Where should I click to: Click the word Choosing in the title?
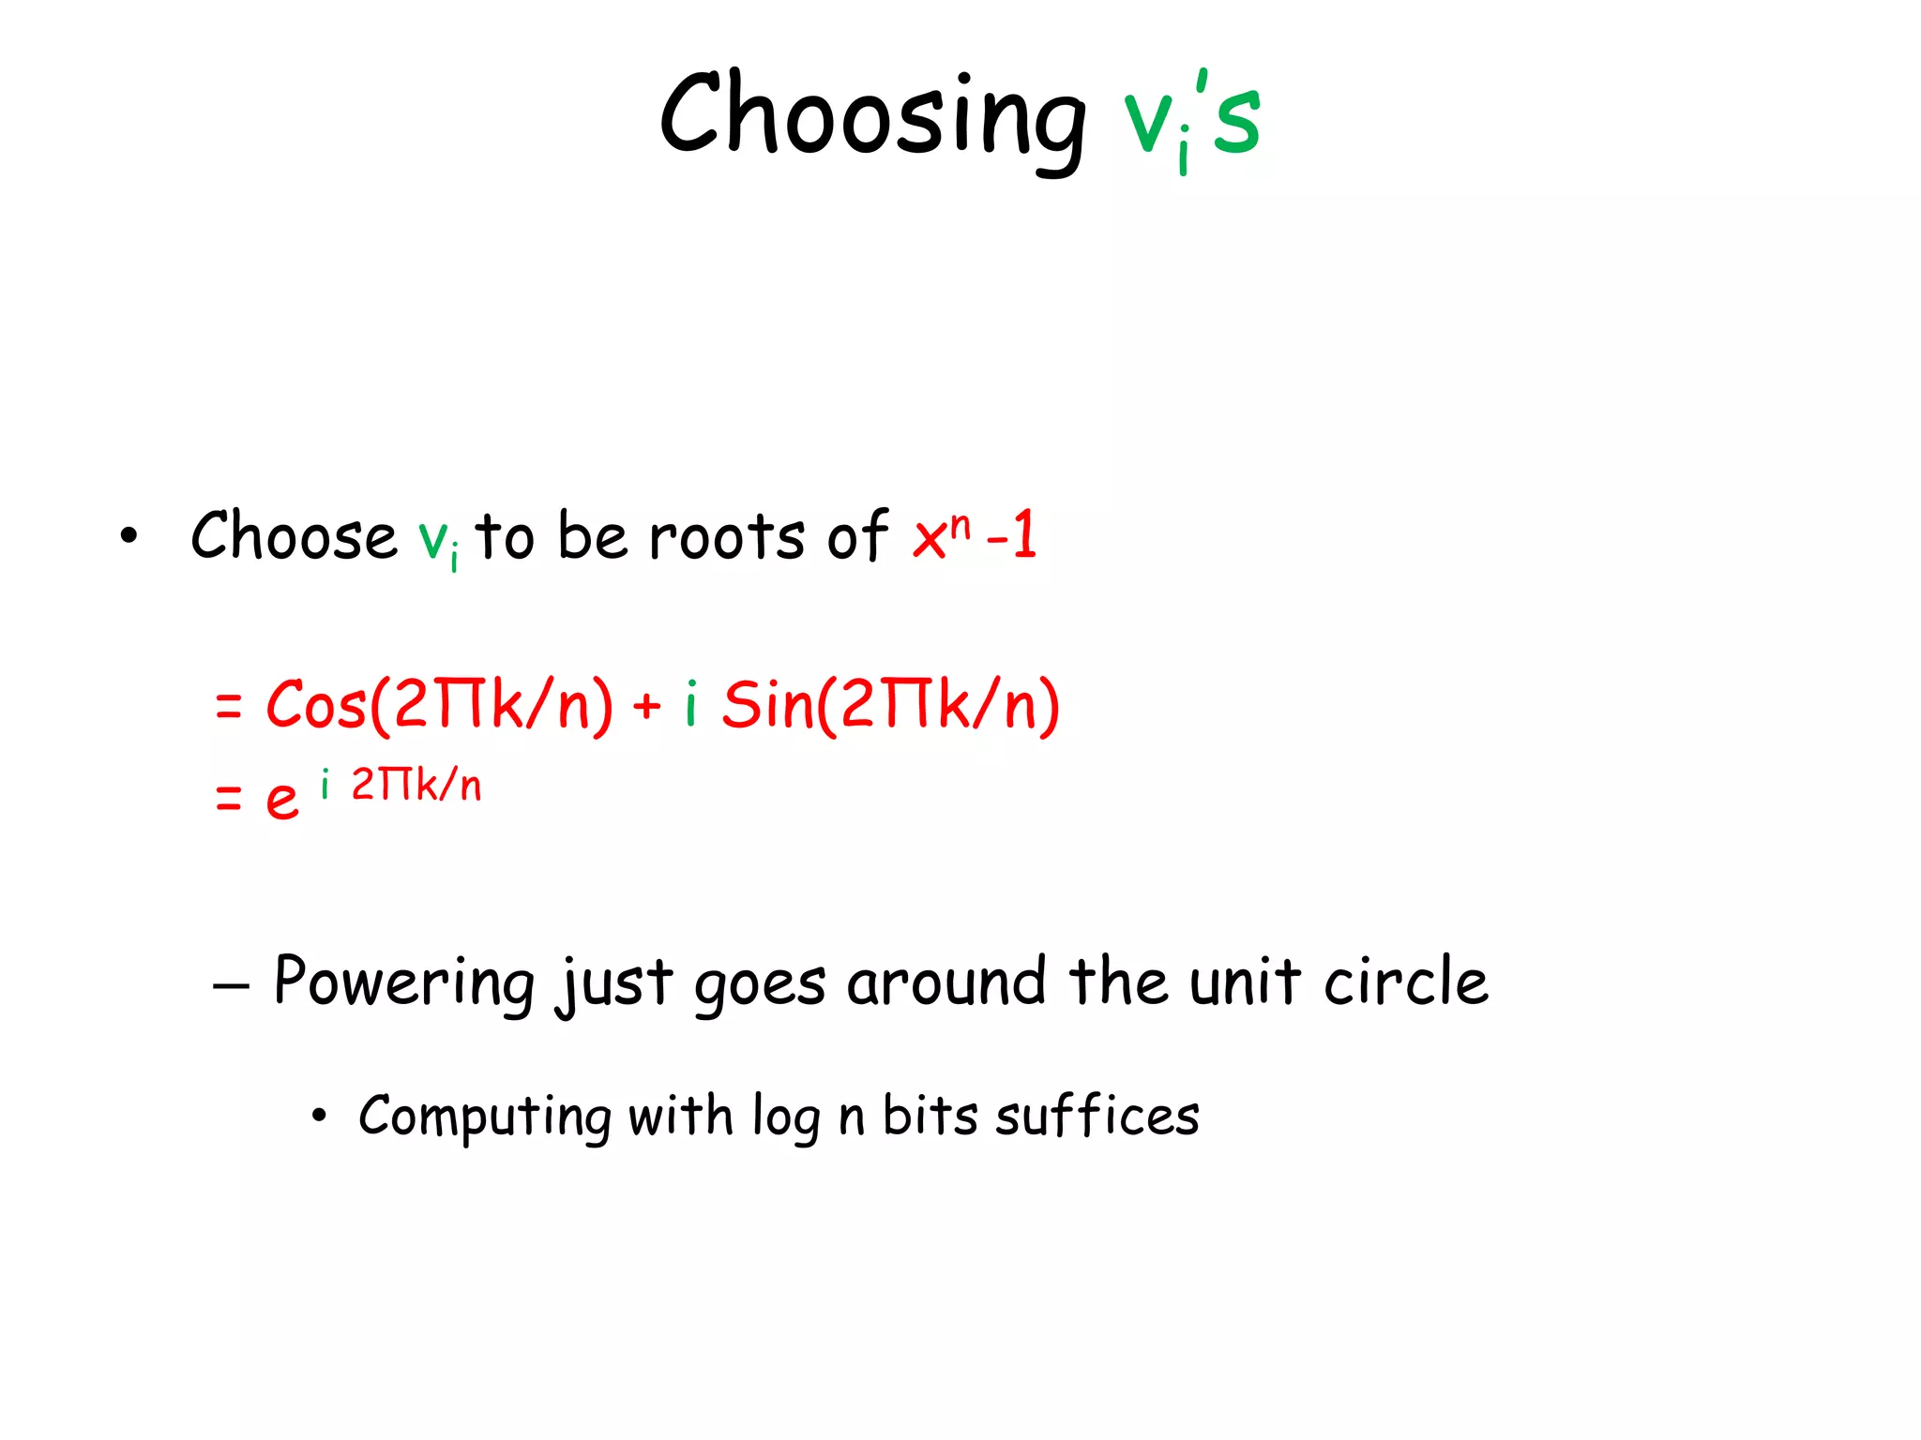[x=872, y=117]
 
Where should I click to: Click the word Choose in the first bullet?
[x=294, y=536]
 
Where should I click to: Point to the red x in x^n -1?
[x=930, y=540]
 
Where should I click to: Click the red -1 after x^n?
[x=1012, y=535]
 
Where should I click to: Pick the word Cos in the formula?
[x=315, y=705]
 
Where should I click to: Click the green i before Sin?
[x=691, y=703]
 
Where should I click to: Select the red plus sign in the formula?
[x=646, y=705]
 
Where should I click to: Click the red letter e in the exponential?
[x=281, y=800]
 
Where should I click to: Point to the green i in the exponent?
[x=325, y=784]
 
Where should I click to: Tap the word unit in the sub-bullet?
[x=1245, y=982]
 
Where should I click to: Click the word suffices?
[x=1097, y=1117]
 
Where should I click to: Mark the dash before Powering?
[x=231, y=986]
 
